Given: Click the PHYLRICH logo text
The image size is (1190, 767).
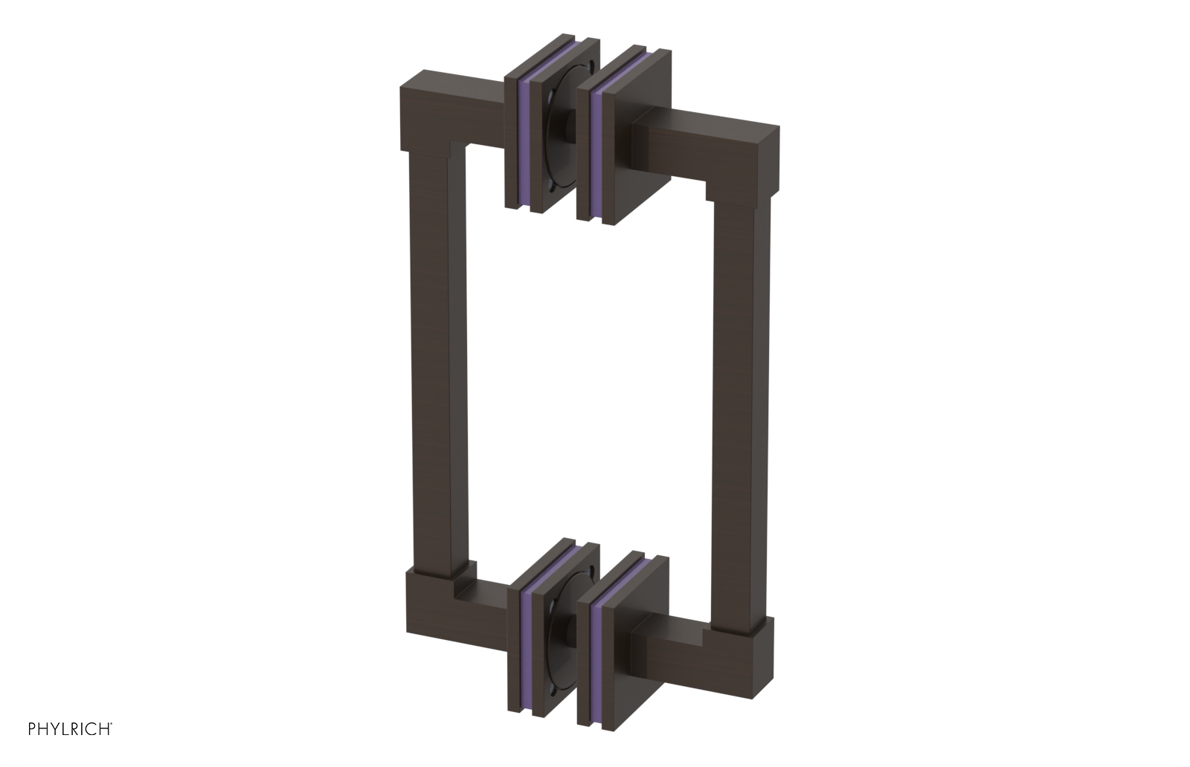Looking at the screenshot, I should click(x=70, y=728).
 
